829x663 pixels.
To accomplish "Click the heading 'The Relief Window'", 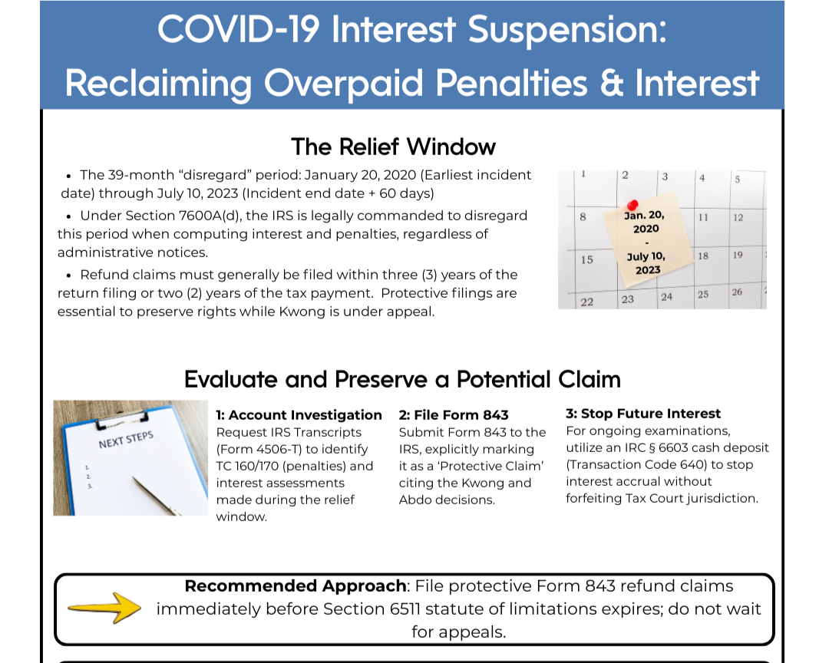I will (x=393, y=147).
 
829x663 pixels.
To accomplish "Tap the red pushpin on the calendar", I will (x=632, y=205).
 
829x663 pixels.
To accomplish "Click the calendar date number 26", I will (x=737, y=292).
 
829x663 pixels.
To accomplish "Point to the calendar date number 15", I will (x=586, y=259).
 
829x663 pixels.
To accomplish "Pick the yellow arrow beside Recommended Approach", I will (x=105, y=608).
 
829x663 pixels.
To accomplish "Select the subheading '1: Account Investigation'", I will (x=299, y=415).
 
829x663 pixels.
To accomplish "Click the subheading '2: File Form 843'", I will (x=454, y=415).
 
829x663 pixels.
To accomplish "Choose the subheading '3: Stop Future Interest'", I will (x=643, y=414).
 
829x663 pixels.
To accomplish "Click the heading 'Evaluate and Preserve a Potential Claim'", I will (x=402, y=379).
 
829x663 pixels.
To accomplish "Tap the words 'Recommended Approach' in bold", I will (x=296, y=586).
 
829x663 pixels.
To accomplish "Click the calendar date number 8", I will (x=583, y=217).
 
